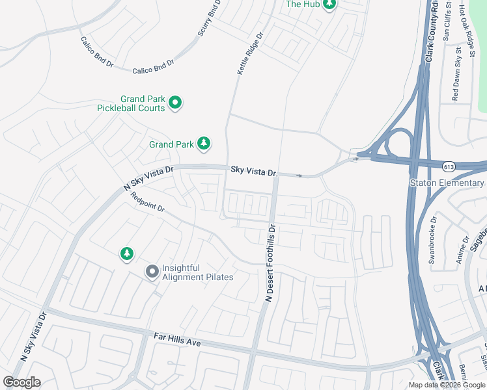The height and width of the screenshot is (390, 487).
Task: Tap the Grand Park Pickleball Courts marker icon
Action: [175, 103]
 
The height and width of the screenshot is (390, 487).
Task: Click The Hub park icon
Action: [329, 5]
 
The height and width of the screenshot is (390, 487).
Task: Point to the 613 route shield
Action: [449, 166]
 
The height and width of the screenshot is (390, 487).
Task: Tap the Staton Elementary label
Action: [447, 183]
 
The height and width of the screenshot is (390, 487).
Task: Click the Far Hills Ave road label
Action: [177, 339]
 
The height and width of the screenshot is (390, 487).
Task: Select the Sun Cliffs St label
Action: [447, 23]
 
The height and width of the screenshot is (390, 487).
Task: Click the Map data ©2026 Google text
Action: [447, 385]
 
